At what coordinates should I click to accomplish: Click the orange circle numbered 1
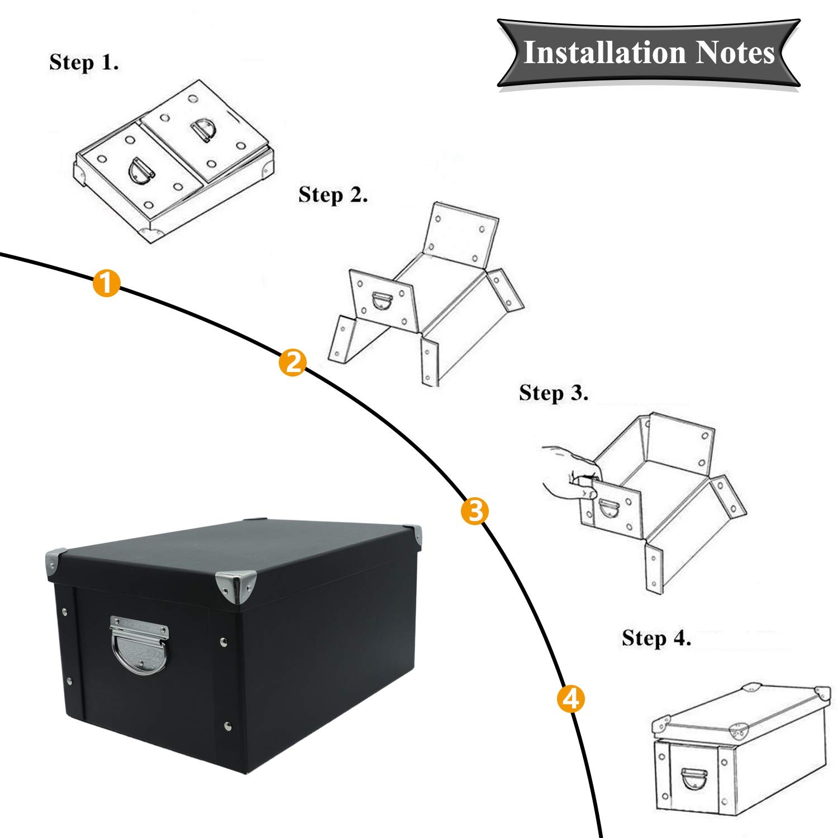[106, 283]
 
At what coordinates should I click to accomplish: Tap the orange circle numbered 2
[293, 363]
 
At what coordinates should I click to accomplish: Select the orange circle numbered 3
[474, 511]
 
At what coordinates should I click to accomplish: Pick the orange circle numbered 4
[570, 699]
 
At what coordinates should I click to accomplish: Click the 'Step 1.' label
[84, 62]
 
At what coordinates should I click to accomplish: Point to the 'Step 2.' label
[333, 195]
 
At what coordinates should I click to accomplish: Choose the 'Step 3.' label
[554, 393]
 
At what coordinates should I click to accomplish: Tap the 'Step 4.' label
[656, 638]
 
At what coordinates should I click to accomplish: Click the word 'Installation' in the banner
[604, 53]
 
